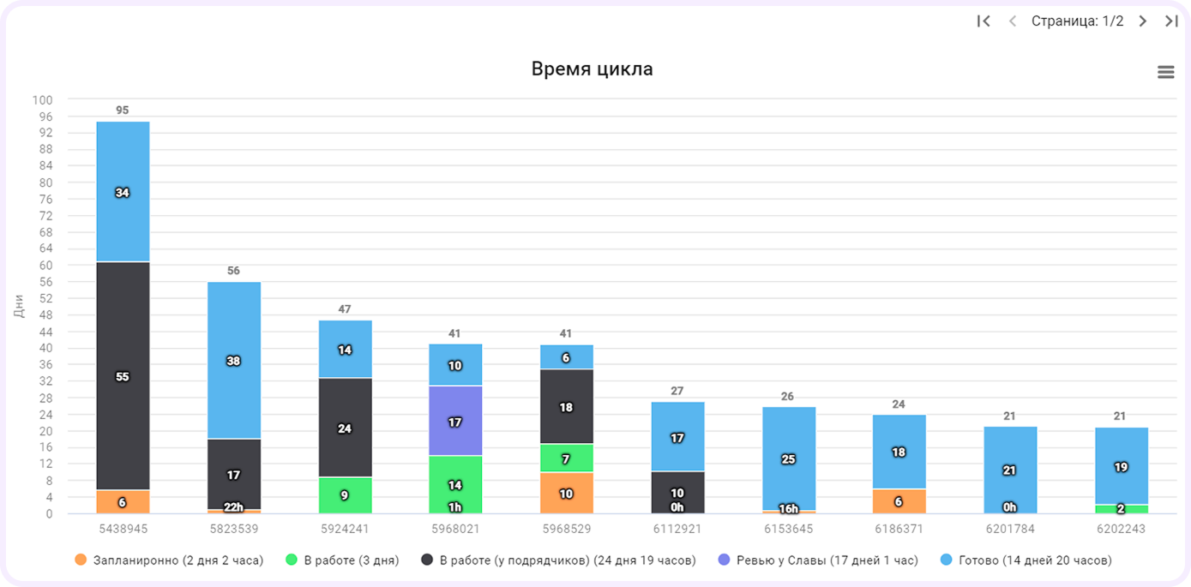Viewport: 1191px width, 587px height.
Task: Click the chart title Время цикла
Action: click(x=592, y=69)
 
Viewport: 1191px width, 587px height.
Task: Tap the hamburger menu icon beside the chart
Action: click(x=1165, y=72)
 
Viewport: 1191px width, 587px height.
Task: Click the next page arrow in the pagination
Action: click(x=1142, y=21)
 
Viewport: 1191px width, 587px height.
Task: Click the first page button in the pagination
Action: click(x=983, y=21)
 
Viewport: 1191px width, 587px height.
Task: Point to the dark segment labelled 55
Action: click(x=123, y=376)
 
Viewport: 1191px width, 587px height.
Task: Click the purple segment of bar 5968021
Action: click(x=455, y=421)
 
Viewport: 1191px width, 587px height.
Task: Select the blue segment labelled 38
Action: click(x=234, y=361)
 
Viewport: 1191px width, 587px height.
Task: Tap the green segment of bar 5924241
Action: click(x=345, y=495)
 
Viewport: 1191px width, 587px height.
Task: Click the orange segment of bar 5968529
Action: click(x=566, y=493)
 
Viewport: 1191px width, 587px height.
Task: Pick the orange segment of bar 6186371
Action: click(x=899, y=501)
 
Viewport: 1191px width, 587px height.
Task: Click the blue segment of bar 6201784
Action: click(x=1010, y=470)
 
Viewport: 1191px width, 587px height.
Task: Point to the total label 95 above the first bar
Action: click(x=123, y=111)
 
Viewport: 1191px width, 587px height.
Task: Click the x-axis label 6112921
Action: click(x=677, y=529)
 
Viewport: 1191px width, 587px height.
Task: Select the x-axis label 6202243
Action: click(x=1121, y=529)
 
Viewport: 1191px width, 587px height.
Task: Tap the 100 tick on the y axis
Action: click(x=42, y=100)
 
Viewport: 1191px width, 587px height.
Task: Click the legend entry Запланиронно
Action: click(x=169, y=560)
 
